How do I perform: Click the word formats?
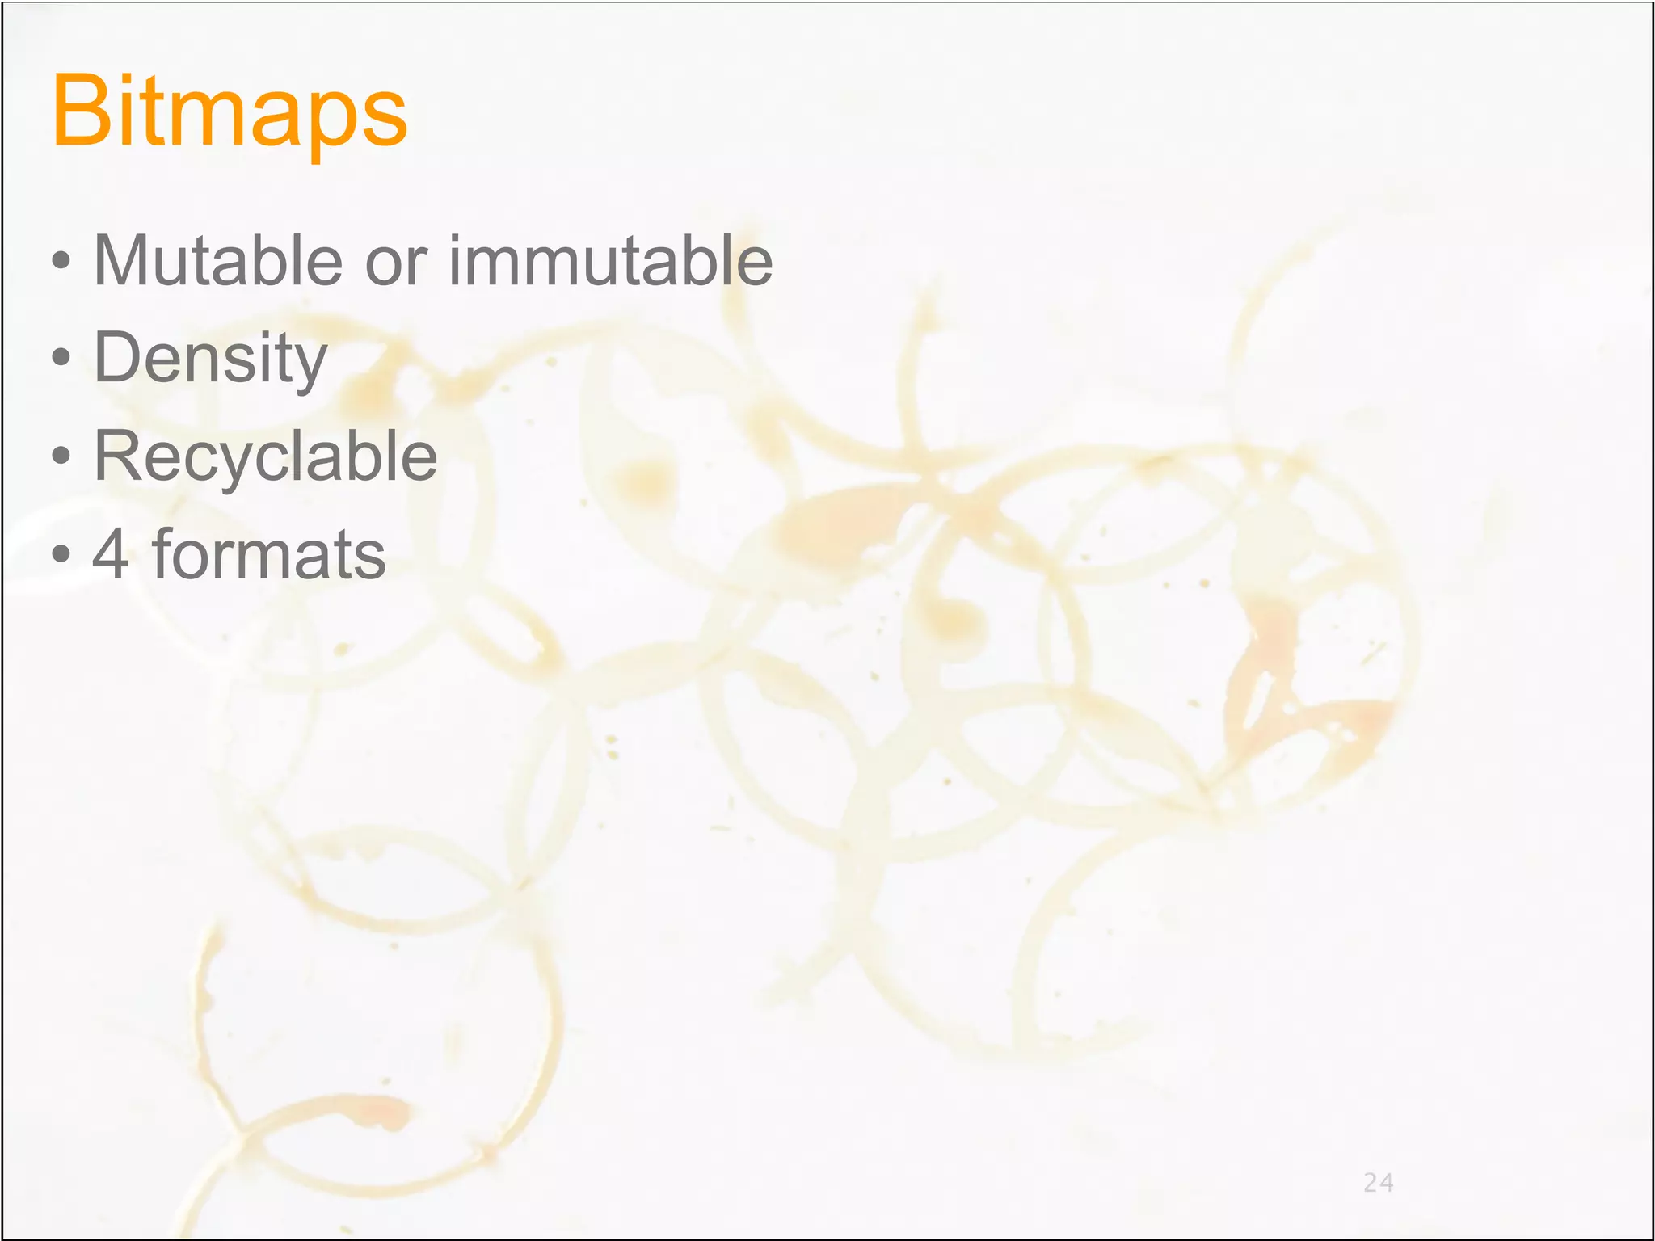(x=269, y=554)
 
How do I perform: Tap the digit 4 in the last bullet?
(x=111, y=554)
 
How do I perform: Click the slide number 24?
(x=1378, y=1183)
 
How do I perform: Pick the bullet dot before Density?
(x=61, y=358)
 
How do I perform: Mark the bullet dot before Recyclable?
(x=61, y=456)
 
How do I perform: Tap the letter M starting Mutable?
(x=120, y=260)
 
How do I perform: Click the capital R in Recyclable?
(x=117, y=456)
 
